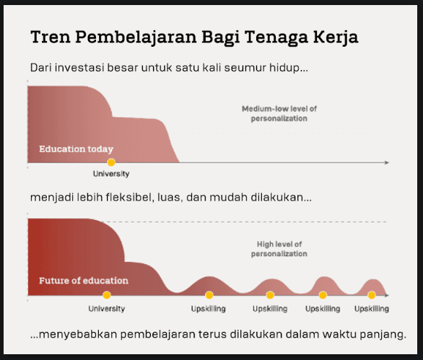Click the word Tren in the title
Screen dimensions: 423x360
51,37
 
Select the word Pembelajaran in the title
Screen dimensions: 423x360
136,38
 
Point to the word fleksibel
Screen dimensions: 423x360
130,197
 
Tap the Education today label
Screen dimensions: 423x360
76,149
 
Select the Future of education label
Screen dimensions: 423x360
84,281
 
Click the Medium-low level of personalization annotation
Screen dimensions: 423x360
279,113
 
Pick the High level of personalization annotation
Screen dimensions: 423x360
279,249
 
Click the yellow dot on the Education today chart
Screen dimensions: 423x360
111,162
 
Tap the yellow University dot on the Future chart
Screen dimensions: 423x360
107,295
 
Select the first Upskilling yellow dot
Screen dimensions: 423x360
209,295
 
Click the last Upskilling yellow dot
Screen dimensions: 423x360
372,295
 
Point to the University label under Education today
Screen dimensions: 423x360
111,174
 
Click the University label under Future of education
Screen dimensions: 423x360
107,309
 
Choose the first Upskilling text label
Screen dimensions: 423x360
209,309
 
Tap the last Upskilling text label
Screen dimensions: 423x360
372,309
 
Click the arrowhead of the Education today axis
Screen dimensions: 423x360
387,162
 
